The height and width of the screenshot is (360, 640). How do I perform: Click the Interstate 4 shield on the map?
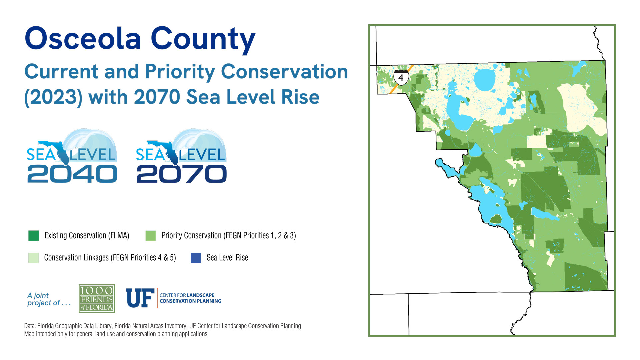coord(401,77)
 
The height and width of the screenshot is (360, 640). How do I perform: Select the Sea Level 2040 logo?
coord(72,157)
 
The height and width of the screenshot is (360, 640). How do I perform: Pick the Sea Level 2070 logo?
coord(181,157)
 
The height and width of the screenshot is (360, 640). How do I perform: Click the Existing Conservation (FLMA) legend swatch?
coord(34,236)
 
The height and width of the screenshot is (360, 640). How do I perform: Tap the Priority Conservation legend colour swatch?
coord(151,236)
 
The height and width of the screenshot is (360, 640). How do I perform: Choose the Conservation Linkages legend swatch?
coord(34,258)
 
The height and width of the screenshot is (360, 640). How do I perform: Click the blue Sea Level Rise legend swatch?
coord(196,258)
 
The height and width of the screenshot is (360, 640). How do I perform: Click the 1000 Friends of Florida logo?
coord(97,298)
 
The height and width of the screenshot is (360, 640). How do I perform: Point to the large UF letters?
coord(140,298)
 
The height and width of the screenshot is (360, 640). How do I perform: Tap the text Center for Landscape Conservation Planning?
coord(190,298)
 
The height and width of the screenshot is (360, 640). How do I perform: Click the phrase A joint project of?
coord(49,299)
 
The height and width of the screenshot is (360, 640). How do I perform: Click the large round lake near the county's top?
coord(485,79)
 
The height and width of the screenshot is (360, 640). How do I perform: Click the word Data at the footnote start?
coord(30,326)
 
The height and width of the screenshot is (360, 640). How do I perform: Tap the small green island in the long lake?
coord(496,219)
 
